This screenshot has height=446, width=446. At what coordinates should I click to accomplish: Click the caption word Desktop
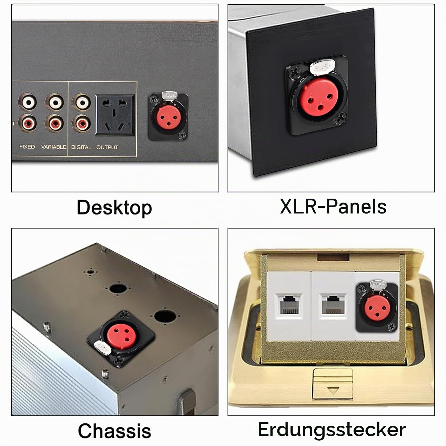[x=114, y=207]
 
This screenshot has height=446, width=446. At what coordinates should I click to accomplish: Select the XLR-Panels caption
[x=333, y=206]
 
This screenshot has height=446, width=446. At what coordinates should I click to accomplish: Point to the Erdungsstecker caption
[x=332, y=429]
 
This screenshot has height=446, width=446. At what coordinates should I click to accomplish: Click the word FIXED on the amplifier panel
[x=27, y=147]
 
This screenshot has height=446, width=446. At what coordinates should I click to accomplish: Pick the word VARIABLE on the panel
[x=54, y=147]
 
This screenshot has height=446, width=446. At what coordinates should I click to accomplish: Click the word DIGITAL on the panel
[x=81, y=147]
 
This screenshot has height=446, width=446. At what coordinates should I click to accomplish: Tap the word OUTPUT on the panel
[x=107, y=147]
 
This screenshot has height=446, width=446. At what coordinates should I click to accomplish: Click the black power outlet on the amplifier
[x=115, y=115]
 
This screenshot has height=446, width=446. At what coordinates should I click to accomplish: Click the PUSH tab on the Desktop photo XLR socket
[x=170, y=95]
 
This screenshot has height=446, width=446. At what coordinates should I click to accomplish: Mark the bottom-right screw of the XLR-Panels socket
[x=340, y=120]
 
